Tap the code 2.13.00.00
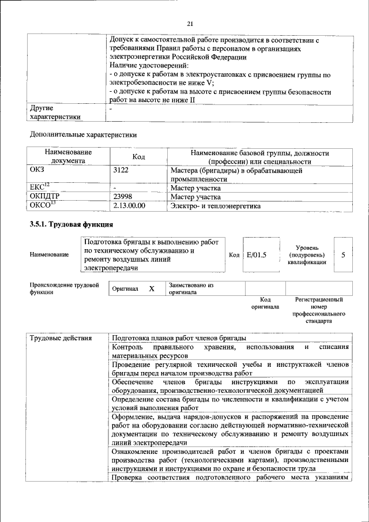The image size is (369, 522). click(130, 205)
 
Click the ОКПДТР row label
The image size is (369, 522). click(43, 197)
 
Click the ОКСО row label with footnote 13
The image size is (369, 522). click(42, 205)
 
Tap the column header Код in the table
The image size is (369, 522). click(138, 157)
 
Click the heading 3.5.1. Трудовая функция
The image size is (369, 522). click(71, 224)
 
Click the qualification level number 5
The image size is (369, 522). click(343, 254)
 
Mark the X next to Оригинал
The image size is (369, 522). click(152, 288)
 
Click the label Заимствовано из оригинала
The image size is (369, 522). click(191, 288)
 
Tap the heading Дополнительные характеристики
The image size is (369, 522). click(83, 135)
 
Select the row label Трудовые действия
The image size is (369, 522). click(61, 338)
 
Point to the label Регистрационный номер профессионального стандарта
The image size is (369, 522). click(319, 310)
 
